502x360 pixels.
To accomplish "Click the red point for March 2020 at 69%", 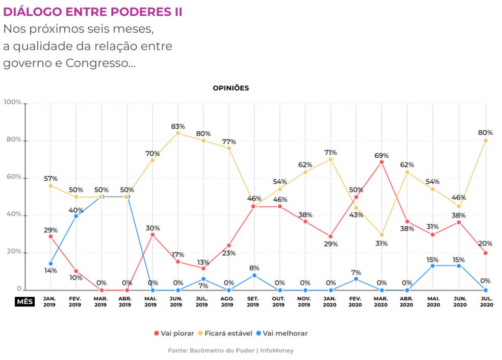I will pyautogui.click(x=382, y=162).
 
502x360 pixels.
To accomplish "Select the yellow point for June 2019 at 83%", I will pyautogui.click(x=178, y=133).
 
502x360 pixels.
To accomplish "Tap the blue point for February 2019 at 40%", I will pyautogui.click(x=76, y=216).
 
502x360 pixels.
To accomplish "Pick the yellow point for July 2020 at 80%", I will pyautogui.click(x=485, y=140).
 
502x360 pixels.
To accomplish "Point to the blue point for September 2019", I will pyautogui.click(x=254, y=275).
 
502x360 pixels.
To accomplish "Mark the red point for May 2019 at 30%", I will pyautogui.click(x=153, y=234).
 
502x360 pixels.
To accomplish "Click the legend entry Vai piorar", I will pyautogui.click(x=173, y=333).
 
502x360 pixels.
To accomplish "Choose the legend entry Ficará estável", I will pyautogui.click(x=229, y=333).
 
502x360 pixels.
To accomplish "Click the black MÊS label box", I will pyautogui.click(x=24, y=301).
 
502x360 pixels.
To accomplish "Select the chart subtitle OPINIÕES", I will pyautogui.click(x=231, y=88).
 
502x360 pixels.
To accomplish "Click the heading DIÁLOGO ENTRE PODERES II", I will pyautogui.click(x=92, y=12).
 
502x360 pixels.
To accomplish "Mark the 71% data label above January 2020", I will pyautogui.click(x=331, y=153).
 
